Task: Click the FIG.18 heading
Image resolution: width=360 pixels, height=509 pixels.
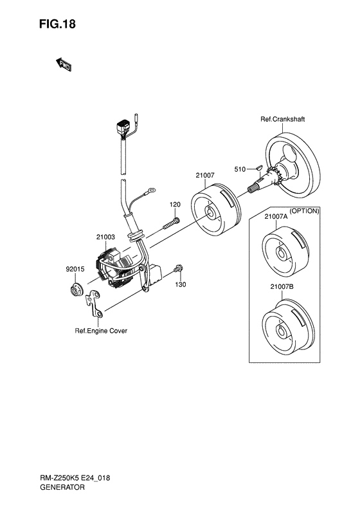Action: [x=57, y=24]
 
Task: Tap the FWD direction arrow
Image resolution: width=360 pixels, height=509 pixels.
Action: [x=64, y=64]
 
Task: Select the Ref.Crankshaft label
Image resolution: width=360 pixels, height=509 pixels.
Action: [x=282, y=119]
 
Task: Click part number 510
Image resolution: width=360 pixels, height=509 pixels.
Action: [x=240, y=169]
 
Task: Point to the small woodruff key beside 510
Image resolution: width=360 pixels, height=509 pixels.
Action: [x=258, y=168]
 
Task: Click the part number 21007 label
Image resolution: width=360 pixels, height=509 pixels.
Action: [x=205, y=175]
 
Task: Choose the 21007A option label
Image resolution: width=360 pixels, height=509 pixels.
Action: [x=276, y=217]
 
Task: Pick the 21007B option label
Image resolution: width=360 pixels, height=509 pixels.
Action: [x=282, y=287]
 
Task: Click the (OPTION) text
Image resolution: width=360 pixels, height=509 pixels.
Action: [x=304, y=211]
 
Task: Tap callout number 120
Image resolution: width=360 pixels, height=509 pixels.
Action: [x=175, y=205]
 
